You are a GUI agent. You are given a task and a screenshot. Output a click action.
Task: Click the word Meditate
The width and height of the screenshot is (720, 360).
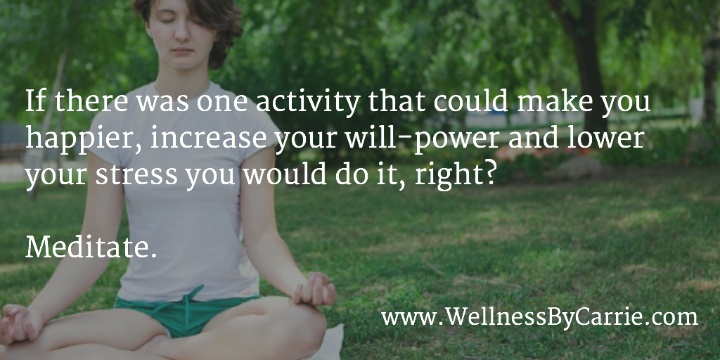pyautogui.click(x=91, y=247)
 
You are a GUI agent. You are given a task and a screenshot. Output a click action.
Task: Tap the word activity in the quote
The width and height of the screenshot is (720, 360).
pyautogui.click(x=308, y=103)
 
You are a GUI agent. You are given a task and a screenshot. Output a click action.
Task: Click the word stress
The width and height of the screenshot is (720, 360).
pyautogui.click(x=136, y=175)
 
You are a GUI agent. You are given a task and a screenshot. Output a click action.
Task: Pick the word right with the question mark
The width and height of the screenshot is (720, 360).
pyautogui.click(x=456, y=176)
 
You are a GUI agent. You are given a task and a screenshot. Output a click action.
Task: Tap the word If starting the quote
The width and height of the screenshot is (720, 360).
pyautogui.click(x=35, y=101)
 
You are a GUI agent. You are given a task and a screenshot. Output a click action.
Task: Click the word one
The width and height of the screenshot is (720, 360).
pyautogui.click(x=222, y=104)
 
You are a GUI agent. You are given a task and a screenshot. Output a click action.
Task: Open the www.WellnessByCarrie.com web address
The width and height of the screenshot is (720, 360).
pyautogui.click(x=539, y=319)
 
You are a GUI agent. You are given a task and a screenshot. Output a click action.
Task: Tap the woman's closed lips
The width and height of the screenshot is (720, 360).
pyautogui.click(x=183, y=50)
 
